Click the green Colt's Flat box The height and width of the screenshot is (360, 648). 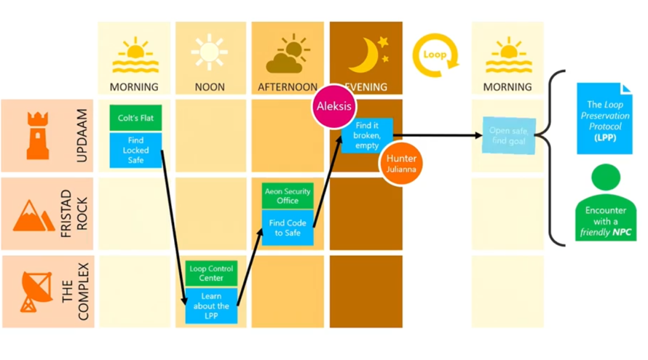click(136, 118)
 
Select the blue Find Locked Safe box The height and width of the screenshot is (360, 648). click(136, 150)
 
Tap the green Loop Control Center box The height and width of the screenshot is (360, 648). click(211, 274)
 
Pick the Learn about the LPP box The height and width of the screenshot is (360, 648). click(211, 305)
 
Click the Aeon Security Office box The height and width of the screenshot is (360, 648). click(287, 196)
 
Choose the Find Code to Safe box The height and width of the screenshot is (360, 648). click(287, 227)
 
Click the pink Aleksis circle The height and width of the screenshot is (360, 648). click(334, 106)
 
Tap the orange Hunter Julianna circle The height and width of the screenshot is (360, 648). click(401, 163)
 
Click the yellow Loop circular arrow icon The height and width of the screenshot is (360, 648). click(435, 55)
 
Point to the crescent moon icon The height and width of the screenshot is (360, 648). click(367, 55)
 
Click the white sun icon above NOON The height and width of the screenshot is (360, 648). click(209, 53)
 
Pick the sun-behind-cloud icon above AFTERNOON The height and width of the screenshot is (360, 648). click(286, 55)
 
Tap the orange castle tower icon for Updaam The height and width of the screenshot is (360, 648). click(37, 136)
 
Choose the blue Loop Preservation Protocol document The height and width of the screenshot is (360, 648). click(604, 118)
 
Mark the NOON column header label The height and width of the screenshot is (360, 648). click(209, 87)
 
